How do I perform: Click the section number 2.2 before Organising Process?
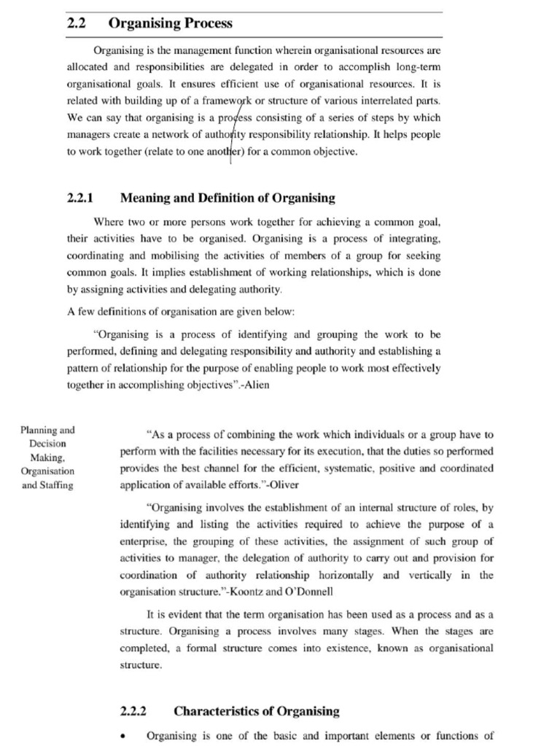coord(77,23)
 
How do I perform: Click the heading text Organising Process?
coord(170,23)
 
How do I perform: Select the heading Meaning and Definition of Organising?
coord(227,197)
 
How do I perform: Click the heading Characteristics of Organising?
coord(257,711)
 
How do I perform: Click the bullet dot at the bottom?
coord(123,737)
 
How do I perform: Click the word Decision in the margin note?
coord(48,443)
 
